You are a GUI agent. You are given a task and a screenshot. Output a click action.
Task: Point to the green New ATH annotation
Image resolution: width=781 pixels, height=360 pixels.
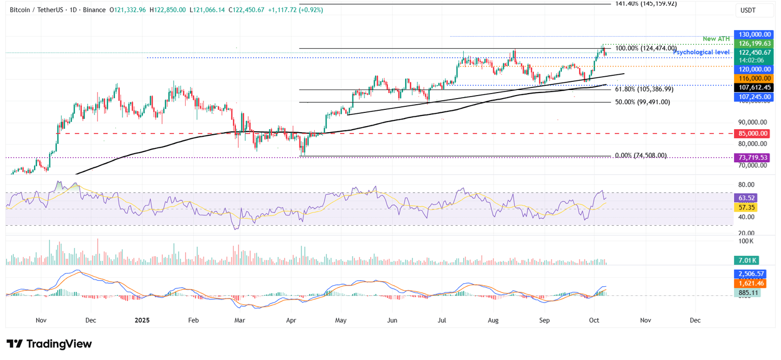tap(716, 39)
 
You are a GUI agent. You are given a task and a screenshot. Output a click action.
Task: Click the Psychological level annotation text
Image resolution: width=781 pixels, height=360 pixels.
tap(701, 52)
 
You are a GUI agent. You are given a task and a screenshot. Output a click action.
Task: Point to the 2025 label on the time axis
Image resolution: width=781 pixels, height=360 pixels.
tap(142, 320)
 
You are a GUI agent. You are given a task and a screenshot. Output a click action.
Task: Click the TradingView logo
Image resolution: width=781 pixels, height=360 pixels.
tap(49, 344)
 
